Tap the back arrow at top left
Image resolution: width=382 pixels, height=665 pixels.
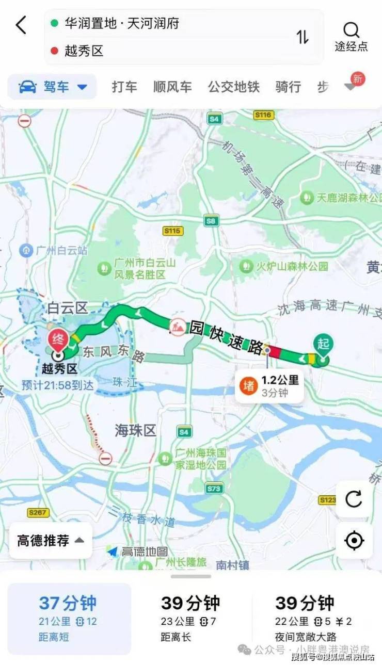point(21,25)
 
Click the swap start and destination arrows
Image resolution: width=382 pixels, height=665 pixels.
point(302,37)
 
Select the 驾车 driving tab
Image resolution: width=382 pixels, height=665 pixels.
point(52,87)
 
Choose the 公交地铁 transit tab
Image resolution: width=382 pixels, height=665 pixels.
point(233,87)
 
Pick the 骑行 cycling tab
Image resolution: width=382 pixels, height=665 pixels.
point(288,87)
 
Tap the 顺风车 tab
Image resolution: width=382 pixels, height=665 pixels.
point(172,87)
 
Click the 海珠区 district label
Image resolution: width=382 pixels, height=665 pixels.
point(135,430)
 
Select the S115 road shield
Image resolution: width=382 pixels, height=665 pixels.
point(172,231)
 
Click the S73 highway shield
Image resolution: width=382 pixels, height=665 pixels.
point(214,488)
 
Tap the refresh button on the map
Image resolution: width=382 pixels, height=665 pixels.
point(354,499)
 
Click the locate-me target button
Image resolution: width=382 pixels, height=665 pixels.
point(354,541)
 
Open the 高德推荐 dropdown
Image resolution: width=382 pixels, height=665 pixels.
point(51,541)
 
